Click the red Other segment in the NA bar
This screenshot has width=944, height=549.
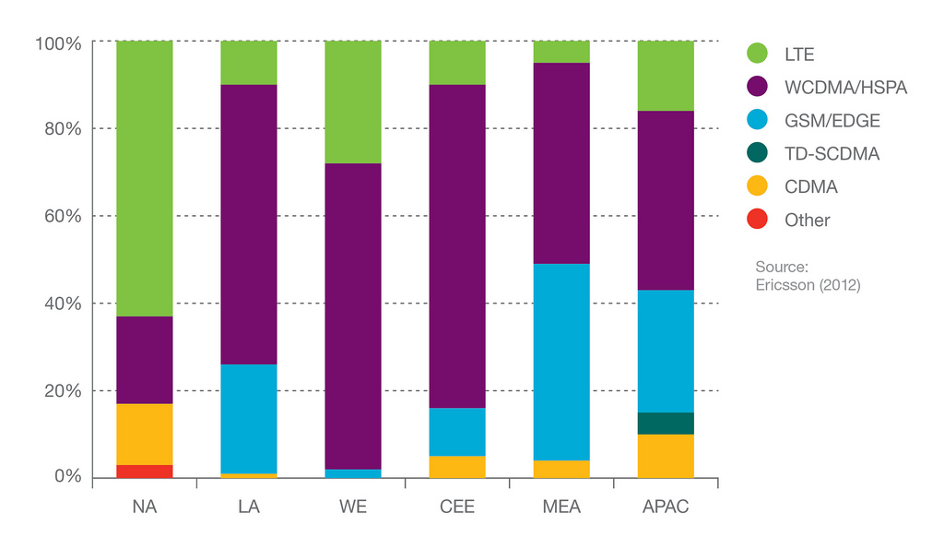(x=145, y=471)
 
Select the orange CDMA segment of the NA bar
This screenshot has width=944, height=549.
(x=145, y=434)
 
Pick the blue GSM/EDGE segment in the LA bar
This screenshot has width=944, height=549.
(x=249, y=419)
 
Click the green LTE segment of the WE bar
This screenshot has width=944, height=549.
(x=353, y=101)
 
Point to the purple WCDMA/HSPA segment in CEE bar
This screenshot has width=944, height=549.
(x=457, y=246)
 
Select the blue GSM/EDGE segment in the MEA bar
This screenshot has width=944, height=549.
(x=561, y=362)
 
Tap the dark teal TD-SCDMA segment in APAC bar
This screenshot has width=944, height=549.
(x=666, y=424)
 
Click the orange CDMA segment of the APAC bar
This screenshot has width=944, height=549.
(x=666, y=456)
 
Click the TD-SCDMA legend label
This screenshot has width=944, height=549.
(x=832, y=154)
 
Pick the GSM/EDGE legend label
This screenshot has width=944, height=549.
(x=832, y=121)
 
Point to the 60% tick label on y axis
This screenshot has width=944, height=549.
(x=58, y=216)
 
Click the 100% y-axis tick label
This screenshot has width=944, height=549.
(x=58, y=42)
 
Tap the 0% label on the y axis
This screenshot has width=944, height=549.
(x=67, y=477)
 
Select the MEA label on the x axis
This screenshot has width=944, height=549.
(x=561, y=507)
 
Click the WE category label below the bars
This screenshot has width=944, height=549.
(x=353, y=507)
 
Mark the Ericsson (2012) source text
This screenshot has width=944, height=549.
(x=807, y=285)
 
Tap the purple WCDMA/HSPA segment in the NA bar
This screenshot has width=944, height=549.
(x=145, y=360)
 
